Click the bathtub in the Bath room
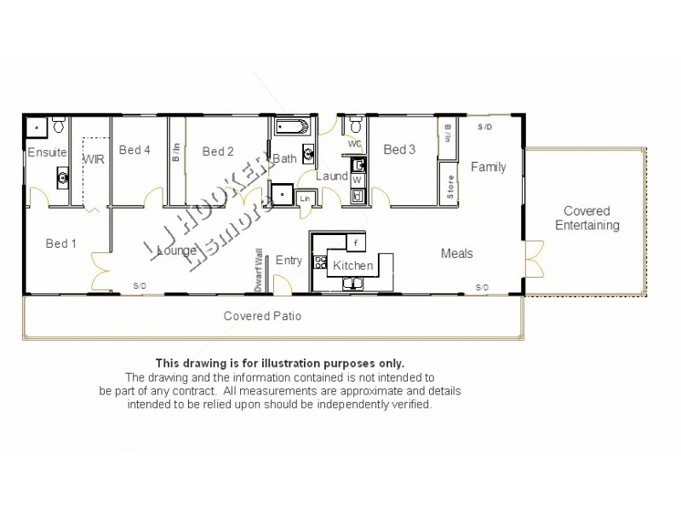pyautogui.click(x=295, y=129)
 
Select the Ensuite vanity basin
pyautogui.click(x=63, y=177)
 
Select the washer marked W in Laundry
pyautogui.click(x=358, y=181)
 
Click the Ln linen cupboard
pyautogui.click(x=305, y=198)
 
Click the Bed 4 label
pyautogui.click(x=134, y=150)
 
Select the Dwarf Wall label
pyautogui.click(x=258, y=271)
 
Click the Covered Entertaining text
pyautogui.click(x=587, y=218)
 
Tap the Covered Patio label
pyautogui.click(x=262, y=316)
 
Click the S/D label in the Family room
pyautogui.click(x=484, y=127)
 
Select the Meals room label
pyautogui.click(x=456, y=253)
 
